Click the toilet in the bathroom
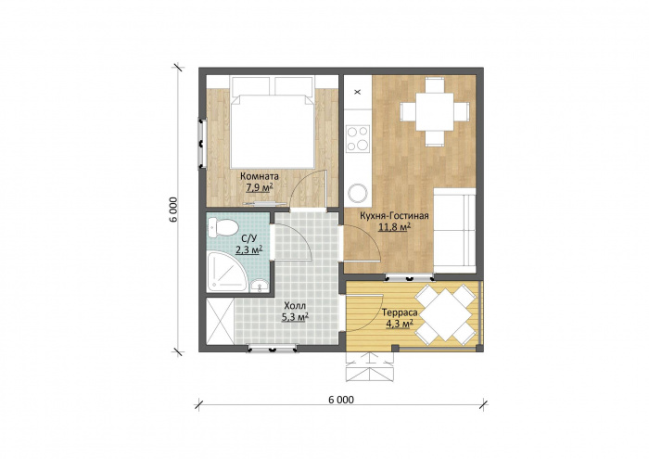(x=223, y=227)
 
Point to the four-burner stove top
(x=358, y=138)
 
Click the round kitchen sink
(x=358, y=193)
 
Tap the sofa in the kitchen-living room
(x=454, y=231)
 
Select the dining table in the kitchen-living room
(x=435, y=112)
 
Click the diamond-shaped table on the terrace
(x=444, y=315)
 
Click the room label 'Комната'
(x=260, y=176)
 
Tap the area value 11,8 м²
(x=394, y=226)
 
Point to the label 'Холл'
(x=295, y=306)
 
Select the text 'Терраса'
(x=400, y=312)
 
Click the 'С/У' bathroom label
(x=249, y=238)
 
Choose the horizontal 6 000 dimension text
(x=341, y=400)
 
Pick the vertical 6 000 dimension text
(x=173, y=209)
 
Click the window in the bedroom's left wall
(x=202, y=144)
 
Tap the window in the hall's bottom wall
(x=273, y=348)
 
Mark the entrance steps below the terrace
(x=369, y=366)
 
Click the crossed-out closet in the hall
(x=221, y=321)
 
